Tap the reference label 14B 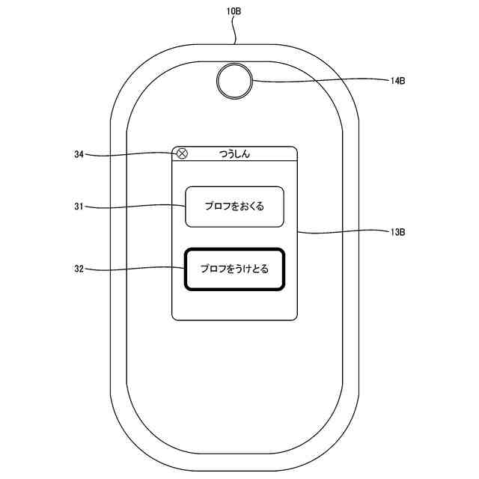pos(397,81)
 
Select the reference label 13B pos(397,233)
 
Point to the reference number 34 pos(79,155)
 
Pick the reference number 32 pos(79,267)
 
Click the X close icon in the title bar pos(181,154)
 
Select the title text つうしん pos(234,154)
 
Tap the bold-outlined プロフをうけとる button pos(234,268)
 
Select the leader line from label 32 pos(135,267)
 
